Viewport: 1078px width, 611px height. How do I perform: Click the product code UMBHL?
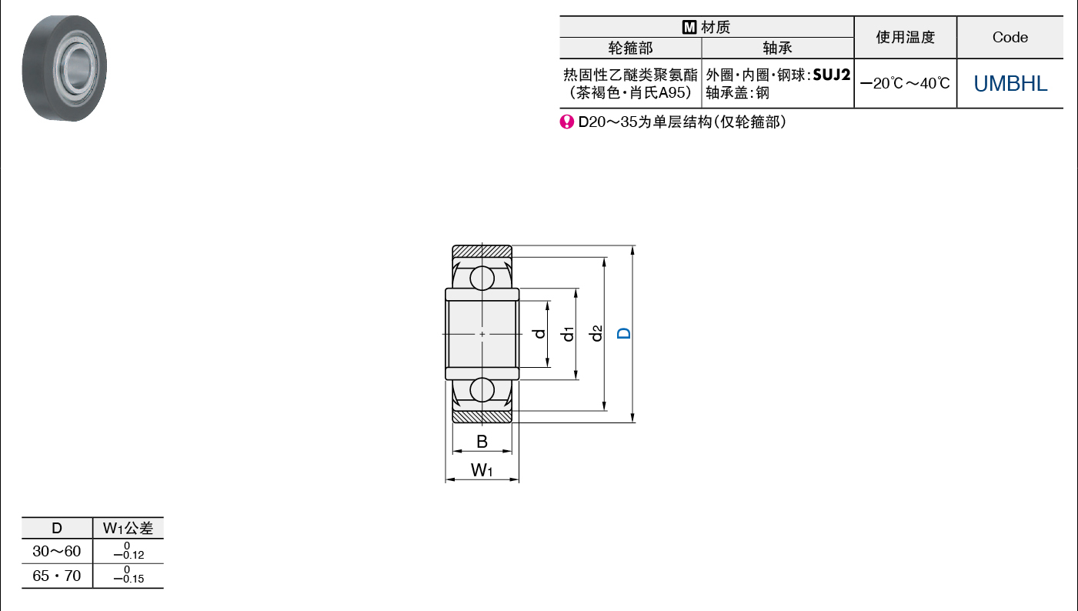pos(1010,83)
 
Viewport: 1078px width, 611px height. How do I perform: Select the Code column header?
pos(1010,37)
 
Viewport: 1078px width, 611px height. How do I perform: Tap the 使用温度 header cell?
pos(906,37)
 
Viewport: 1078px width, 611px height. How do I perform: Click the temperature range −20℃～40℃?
pos(905,83)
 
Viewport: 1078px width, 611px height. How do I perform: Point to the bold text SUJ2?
pos(832,75)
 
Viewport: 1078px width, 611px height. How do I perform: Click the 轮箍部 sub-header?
pos(630,48)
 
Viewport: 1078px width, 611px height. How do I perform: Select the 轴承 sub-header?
pos(777,48)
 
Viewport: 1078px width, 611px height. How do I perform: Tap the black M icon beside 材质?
pos(689,28)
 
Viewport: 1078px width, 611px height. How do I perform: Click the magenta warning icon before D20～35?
pos(566,122)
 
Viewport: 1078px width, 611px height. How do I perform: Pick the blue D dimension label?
pos(624,333)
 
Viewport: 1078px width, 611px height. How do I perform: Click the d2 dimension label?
pos(596,333)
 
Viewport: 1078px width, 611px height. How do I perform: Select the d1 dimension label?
pos(568,333)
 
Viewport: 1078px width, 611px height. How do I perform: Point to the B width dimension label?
pos(482,442)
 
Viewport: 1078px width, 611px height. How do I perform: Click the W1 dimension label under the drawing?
pos(482,470)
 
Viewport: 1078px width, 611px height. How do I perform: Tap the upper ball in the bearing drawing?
pos(482,278)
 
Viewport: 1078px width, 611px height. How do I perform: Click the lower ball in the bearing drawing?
pos(482,390)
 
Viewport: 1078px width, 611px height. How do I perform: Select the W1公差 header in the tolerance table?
pos(128,528)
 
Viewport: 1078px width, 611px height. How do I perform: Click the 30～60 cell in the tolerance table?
pos(56,551)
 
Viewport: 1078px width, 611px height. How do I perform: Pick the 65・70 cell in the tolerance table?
pos(56,576)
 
